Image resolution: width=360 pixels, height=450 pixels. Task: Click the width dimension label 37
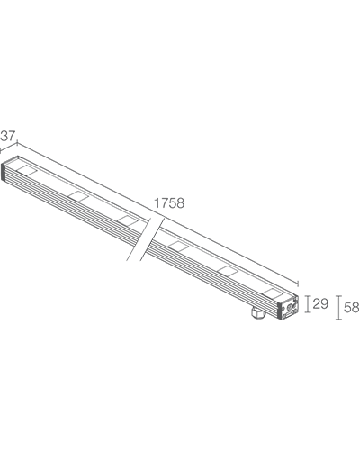[7, 136]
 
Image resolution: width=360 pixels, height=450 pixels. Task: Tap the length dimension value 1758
[169, 203]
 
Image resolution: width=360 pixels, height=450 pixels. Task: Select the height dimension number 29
[320, 304]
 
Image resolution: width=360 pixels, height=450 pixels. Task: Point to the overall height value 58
[352, 308]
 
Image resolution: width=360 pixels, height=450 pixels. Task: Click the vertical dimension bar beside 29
[307, 304]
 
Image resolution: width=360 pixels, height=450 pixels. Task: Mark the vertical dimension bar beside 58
[338, 308]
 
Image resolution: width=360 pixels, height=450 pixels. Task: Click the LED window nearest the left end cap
[27, 170]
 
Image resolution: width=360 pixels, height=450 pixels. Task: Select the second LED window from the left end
[78, 196]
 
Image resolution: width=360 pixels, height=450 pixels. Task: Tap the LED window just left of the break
[129, 220]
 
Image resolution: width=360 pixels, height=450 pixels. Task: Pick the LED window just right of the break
[178, 246]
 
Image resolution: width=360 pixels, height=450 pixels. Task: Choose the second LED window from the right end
[228, 270]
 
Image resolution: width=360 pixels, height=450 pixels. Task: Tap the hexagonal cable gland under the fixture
[258, 313]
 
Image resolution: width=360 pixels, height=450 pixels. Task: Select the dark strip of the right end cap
[282, 310]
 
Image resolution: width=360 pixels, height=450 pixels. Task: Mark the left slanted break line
[139, 238]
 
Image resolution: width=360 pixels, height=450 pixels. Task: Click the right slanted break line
[152, 238]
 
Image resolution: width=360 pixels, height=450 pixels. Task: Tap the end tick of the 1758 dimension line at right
[298, 283]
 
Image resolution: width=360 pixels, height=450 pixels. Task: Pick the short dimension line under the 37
[9, 148]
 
